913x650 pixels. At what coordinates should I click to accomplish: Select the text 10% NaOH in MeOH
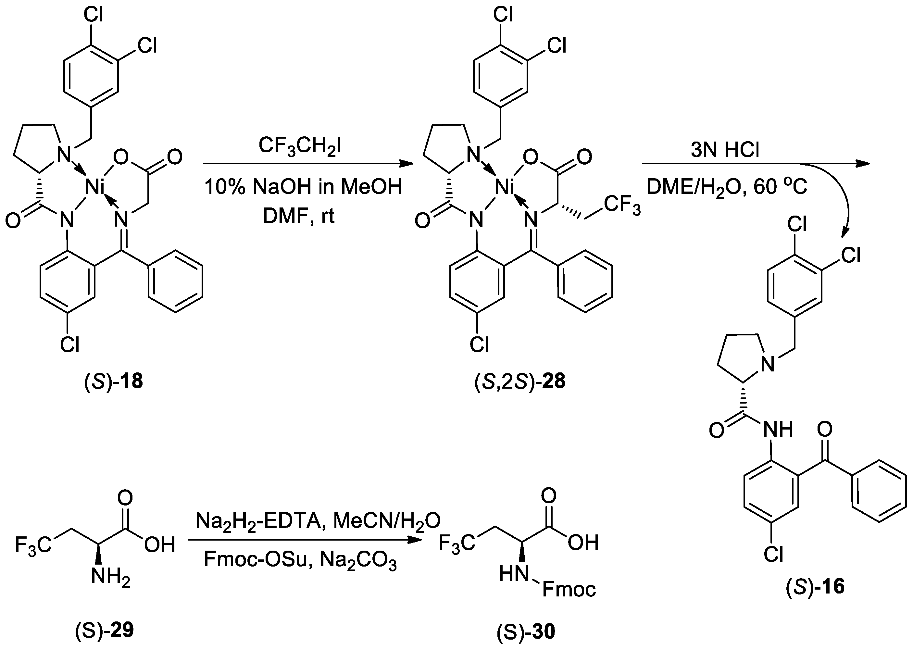303,186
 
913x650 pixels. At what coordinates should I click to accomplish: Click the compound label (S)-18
113,381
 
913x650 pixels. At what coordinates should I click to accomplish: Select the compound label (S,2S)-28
519,381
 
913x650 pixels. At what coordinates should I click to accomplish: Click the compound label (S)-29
105,631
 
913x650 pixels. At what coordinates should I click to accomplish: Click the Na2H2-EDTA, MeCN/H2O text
318,521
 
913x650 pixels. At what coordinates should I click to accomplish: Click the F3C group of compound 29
33,545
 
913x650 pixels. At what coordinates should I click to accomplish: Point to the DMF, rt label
299,216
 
